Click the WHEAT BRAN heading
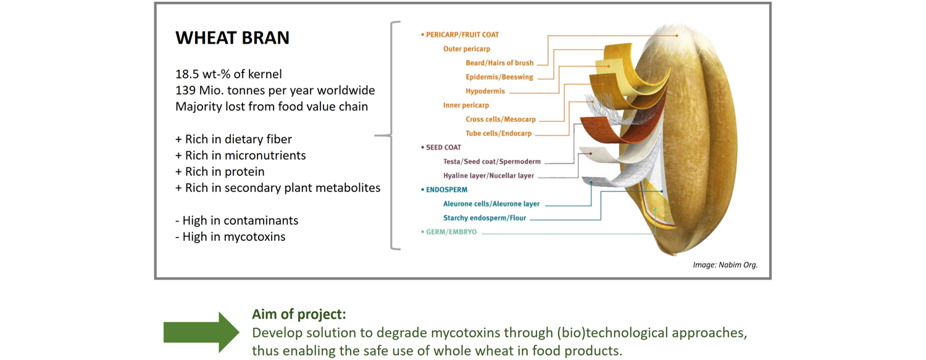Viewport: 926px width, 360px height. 232,38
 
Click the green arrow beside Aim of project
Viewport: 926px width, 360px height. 201,332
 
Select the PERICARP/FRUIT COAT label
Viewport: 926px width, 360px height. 460,35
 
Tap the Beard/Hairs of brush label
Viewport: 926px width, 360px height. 499,63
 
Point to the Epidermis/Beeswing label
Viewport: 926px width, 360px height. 499,77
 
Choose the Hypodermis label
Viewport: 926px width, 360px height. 485,91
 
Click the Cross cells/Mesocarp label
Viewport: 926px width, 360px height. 501,119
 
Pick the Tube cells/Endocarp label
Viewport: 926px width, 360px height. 499,133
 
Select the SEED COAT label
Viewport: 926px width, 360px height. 441,147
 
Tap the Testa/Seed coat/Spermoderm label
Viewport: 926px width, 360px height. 492,161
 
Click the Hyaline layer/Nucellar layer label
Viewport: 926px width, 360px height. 489,175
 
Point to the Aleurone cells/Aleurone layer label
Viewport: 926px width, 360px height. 491,204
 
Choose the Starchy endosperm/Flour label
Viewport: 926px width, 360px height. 485,218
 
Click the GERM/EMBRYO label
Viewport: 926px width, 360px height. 449,232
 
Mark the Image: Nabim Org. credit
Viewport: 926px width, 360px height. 725,265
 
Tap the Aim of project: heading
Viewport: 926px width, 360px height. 299,314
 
